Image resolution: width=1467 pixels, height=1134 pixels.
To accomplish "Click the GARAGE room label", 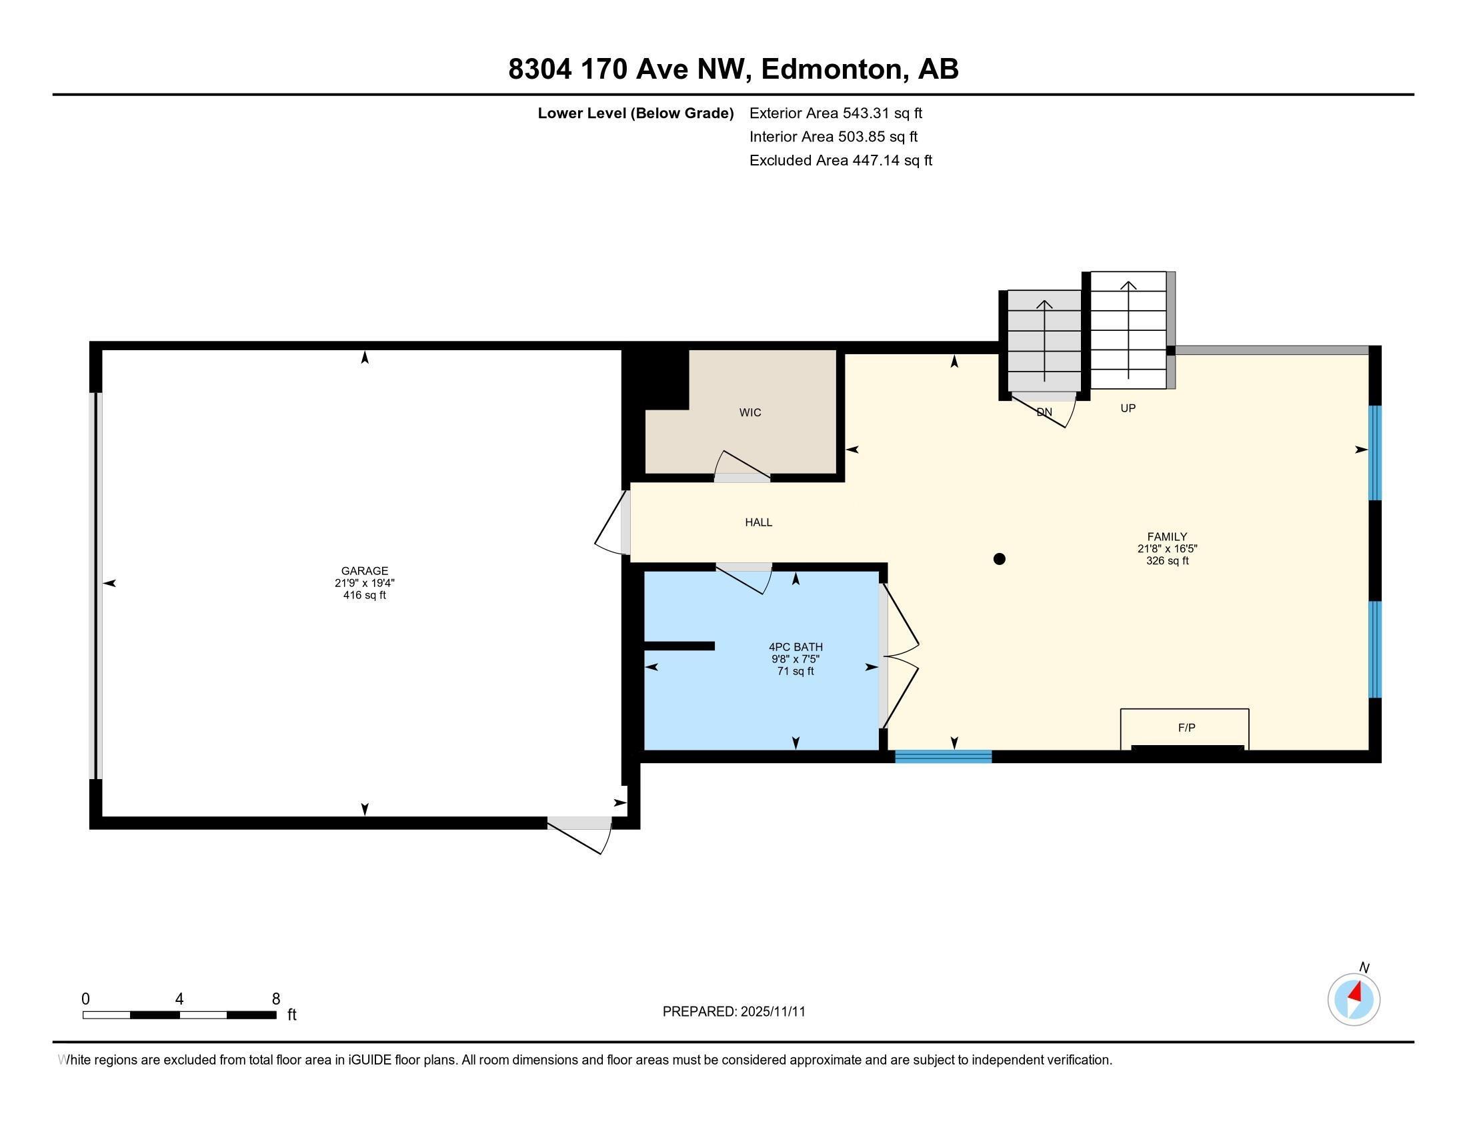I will [364, 571].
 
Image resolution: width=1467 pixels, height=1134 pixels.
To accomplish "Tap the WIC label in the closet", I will [750, 412].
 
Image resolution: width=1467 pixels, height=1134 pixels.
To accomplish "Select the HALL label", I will [758, 522].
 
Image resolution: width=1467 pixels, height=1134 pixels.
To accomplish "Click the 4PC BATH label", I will [796, 647].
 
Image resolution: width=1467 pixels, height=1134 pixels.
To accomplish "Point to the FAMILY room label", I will [1167, 537].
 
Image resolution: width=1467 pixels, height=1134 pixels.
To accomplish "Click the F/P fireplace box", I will [1186, 728].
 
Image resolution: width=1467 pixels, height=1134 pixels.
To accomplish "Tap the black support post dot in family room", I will [999, 559].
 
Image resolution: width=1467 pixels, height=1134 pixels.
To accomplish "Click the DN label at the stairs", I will [1044, 412].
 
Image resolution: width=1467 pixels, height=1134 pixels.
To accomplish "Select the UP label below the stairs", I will [1128, 408].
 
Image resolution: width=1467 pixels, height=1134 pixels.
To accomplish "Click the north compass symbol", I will [1354, 999].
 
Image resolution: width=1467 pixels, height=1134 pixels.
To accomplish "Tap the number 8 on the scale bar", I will [275, 999].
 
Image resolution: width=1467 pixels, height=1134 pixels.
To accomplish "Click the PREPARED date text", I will [733, 1012].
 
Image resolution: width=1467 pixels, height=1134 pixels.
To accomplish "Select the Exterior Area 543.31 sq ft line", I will [836, 113].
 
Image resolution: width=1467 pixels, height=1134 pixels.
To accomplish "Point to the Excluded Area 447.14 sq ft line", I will [840, 161].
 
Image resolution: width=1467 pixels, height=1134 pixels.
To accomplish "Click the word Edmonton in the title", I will [832, 69].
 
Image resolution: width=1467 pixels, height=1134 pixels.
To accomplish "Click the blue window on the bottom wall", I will [943, 756].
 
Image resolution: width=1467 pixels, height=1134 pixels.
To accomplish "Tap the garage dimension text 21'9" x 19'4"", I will [364, 583].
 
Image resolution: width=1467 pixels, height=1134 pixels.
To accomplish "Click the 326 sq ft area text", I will [1167, 561].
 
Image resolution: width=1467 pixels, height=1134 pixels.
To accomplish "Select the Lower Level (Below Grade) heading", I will [635, 113].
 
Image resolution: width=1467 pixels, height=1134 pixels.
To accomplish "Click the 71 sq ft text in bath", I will [796, 671].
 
